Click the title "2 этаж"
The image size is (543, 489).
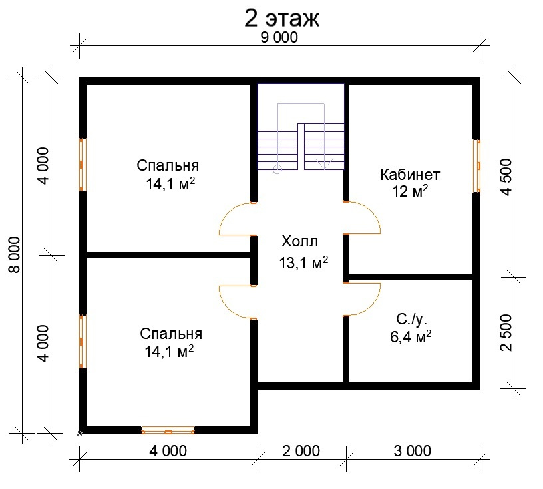tap(281, 18)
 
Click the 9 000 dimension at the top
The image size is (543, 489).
tap(279, 37)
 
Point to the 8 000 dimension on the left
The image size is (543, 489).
tap(15, 255)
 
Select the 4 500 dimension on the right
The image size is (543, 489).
tap(506, 177)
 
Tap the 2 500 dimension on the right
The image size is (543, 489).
tap(506, 333)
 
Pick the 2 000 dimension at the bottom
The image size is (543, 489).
tap(301, 451)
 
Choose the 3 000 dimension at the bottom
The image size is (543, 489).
tap(413, 451)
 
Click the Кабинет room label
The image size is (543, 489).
tap(410, 175)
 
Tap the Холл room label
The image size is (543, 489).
tap(299, 241)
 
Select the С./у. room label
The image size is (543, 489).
tap(411, 320)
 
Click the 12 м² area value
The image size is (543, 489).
tap(410, 191)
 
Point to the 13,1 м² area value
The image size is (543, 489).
tap(303, 263)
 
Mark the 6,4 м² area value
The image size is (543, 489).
tap(411, 336)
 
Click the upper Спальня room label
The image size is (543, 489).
tap(168, 165)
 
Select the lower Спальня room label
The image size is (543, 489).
tap(171, 334)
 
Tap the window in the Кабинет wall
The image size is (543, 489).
tap(477, 166)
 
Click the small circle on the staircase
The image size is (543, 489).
tap(277, 169)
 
